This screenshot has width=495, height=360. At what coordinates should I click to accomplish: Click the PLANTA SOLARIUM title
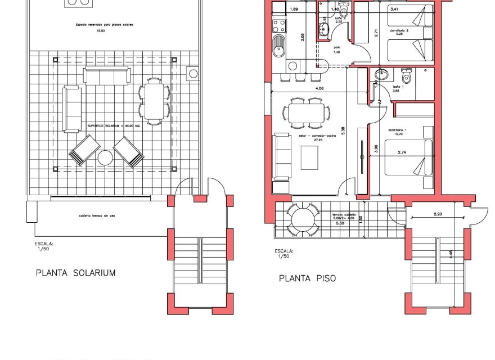pos(75,273)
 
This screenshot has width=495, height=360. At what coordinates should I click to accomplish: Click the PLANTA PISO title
pos(308,278)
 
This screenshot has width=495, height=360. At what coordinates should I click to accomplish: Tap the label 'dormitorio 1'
pos(397,130)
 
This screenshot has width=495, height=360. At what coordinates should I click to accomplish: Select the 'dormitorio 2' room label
pos(398,30)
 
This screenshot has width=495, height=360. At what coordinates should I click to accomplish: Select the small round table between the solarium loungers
pos(106,157)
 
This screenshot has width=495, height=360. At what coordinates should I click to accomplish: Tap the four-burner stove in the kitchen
pos(277,25)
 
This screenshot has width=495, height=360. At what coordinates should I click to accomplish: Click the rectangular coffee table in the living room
pos(309,157)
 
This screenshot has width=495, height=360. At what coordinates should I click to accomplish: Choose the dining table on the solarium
pos(154,101)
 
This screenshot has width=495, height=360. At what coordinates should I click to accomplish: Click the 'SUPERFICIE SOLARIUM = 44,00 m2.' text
pos(114,126)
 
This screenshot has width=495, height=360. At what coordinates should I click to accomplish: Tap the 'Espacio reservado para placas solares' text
pos(100,25)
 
